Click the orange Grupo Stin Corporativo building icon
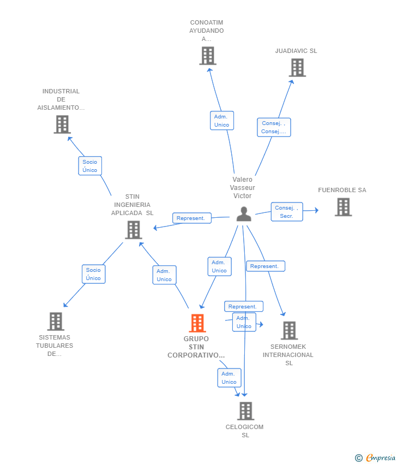pos(197,323)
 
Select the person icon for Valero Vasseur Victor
pos(244,214)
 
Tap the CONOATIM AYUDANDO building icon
pos(207,56)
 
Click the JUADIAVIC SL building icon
pos(297,68)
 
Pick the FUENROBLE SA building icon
pos(343,207)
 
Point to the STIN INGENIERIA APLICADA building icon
pos(133,230)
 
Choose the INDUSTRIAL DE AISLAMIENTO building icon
pos(62,124)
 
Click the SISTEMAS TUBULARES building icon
pos(56,322)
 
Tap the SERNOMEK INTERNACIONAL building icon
pos(289,330)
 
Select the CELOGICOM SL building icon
pos(245,411)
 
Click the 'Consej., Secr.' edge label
pos(287,212)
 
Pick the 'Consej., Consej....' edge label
pos(274,127)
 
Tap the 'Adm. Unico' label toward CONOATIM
pos(221,121)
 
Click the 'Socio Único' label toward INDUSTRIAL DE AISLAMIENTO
pos(90,166)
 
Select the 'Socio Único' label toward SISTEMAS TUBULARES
pos(93,274)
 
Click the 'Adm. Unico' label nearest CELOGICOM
pos(229,378)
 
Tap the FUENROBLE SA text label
pos(342,190)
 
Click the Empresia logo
pos(376,457)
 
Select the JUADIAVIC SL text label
pos(296,51)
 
